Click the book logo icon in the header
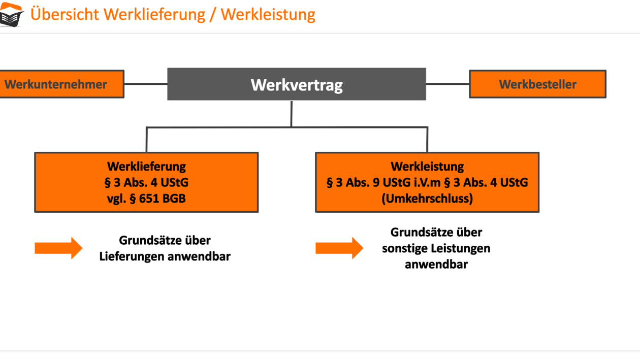pos(12,15)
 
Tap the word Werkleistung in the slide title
pos(268,14)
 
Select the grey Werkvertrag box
pos(297,84)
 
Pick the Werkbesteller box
pos(537,84)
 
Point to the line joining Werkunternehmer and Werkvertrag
pos(146,84)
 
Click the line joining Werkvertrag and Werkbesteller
pos(447,84)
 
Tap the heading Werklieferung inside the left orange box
pos(146,166)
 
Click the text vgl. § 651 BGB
pos(146,199)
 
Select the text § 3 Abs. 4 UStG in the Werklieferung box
pos(146,182)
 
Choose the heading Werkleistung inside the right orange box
pos(427,166)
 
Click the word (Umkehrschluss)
pos(427,199)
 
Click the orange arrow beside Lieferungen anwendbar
pos(58,248)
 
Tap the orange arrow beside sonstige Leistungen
pos(339,248)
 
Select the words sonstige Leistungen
pos(436,248)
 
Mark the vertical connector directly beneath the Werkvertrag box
pos(292,113)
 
